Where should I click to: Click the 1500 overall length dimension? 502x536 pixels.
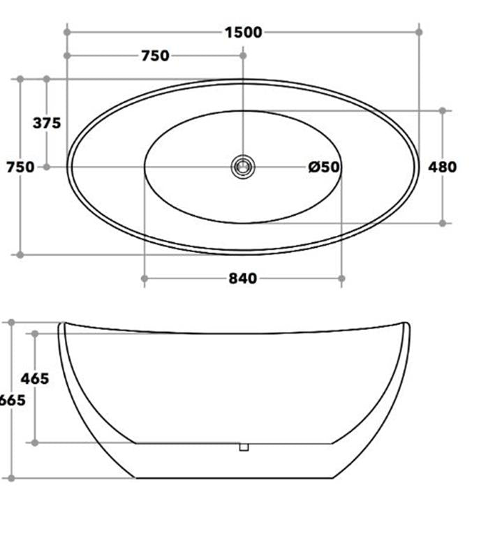(x=243, y=32)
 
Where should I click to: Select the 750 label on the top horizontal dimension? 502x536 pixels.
(x=155, y=56)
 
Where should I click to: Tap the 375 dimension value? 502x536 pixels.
(x=47, y=124)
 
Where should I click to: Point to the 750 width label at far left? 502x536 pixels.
(x=20, y=167)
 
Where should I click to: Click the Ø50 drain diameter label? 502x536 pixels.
(x=324, y=167)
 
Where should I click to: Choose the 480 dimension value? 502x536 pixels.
(x=442, y=167)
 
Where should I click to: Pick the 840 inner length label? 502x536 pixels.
(x=243, y=278)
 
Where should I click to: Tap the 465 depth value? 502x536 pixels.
(x=35, y=379)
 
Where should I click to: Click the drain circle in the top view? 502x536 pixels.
(x=243, y=167)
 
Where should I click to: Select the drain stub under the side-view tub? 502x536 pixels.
(x=244, y=447)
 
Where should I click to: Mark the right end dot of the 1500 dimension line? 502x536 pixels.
(x=419, y=32)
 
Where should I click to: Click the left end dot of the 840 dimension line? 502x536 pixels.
(x=145, y=278)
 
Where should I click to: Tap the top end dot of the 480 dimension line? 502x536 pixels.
(x=442, y=110)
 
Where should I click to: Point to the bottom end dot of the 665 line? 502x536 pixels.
(x=11, y=478)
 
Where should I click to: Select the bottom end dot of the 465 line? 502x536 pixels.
(x=35, y=442)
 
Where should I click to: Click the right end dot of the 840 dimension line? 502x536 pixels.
(x=341, y=278)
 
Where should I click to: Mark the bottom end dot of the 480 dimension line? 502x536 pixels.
(x=442, y=223)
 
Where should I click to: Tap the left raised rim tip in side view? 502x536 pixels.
(x=61, y=324)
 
